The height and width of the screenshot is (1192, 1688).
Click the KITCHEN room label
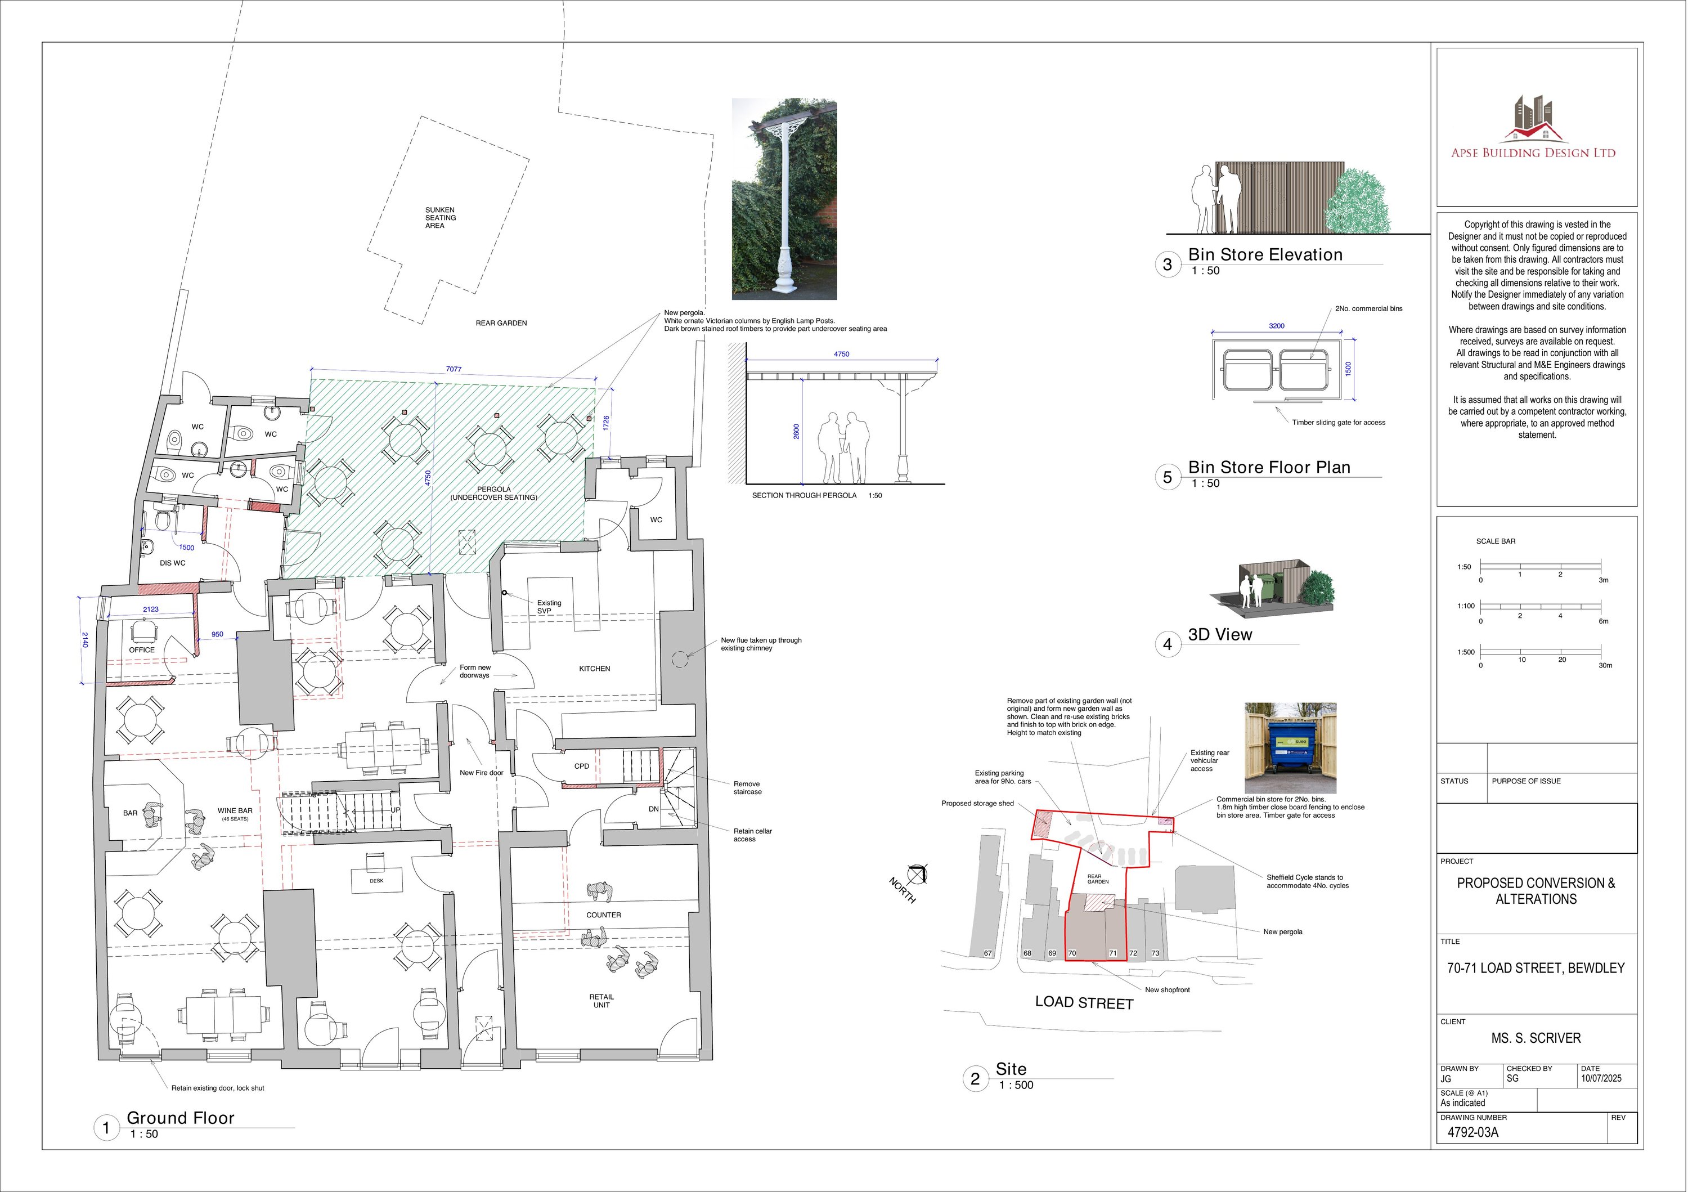pos(595,669)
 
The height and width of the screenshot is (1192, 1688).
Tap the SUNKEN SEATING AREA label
pos(441,218)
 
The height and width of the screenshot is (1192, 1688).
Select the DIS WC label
pos(173,563)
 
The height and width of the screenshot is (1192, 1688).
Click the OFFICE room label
pos(142,650)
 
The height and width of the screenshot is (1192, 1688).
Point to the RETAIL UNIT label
pos(601,1001)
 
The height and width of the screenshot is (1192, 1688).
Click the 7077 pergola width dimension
pos(454,369)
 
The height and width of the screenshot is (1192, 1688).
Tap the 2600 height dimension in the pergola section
pos(796,432)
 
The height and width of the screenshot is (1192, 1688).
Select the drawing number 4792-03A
pos(1472,1132)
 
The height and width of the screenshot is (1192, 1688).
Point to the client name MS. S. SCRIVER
pos(1536,1038)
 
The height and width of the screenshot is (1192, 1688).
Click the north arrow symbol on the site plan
pos(916,875)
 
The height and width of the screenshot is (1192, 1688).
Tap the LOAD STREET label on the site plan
pos(1084,1003)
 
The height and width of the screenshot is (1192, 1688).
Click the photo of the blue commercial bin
pos(1290,748)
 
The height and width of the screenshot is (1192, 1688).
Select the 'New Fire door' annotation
pos(482,773)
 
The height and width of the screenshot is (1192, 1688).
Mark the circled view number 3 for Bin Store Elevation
pos(1168,265)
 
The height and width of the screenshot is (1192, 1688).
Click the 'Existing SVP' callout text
pos(549,607)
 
